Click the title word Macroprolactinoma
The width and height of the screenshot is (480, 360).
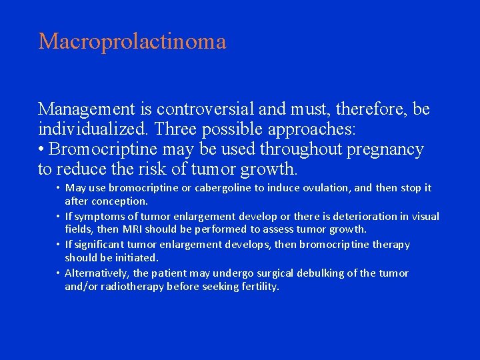(x=132, y=42)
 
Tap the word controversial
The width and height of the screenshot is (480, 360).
(x=210, y=109)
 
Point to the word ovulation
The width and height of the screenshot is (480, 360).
(x=326, y=188)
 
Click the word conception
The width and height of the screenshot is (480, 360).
(x=119, y=201)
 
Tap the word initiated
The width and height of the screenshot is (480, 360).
(x=135, y=257)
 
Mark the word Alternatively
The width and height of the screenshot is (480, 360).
(x=97, y=273)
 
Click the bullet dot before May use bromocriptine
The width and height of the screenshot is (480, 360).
(x=58, y=188)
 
